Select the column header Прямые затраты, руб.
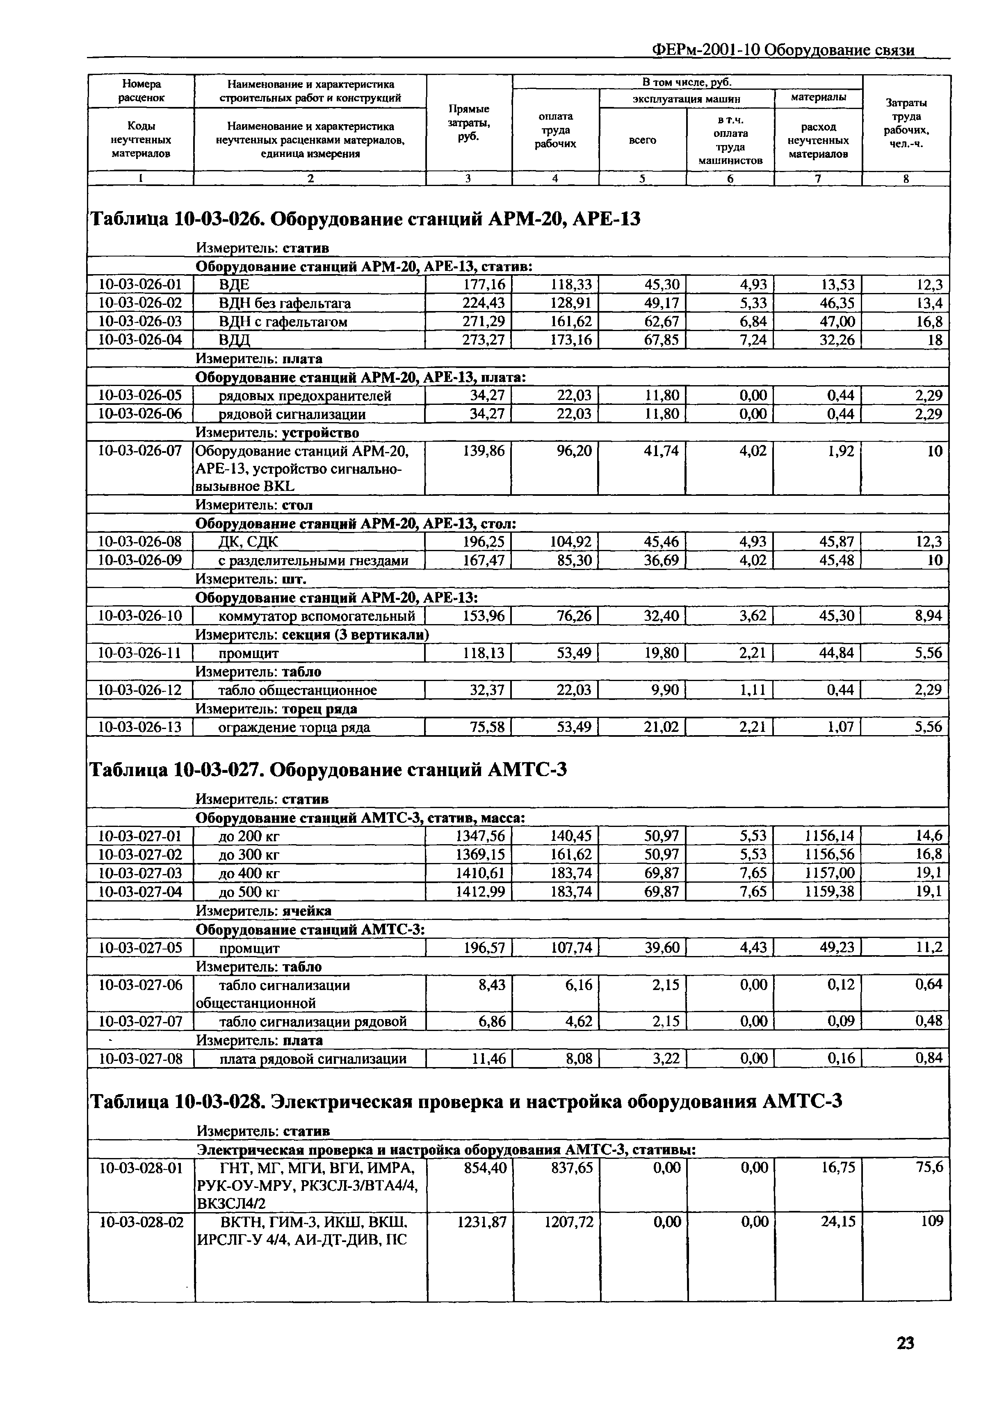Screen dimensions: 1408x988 [469, 122]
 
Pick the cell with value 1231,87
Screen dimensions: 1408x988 [482, 1222]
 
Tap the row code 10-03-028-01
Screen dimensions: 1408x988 [141, 1167]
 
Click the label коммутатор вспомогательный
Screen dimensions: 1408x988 [317, 616]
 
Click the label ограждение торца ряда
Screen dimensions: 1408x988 [294, 727]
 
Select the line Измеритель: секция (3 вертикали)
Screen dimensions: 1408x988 [312, 634]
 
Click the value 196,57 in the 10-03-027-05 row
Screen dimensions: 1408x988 [484, 948]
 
